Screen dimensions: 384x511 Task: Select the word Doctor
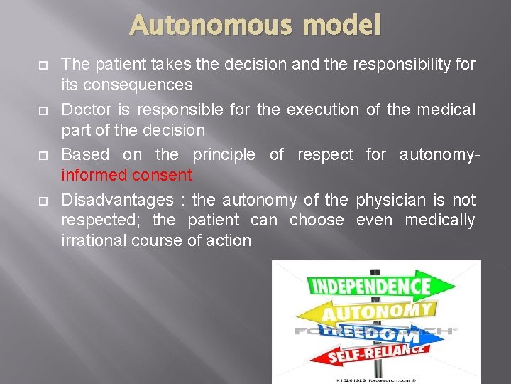[x=84, y=110]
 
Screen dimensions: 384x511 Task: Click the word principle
[x=225, y=155]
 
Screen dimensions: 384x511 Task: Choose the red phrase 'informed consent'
[x=127, y=175]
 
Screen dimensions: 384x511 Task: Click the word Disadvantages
[x=117, y=201]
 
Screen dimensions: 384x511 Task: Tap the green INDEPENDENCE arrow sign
[x=370, y=287]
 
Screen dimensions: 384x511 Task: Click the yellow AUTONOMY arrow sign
[x=376, y=311]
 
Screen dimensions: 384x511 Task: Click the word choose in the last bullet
[x=316, y=220]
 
